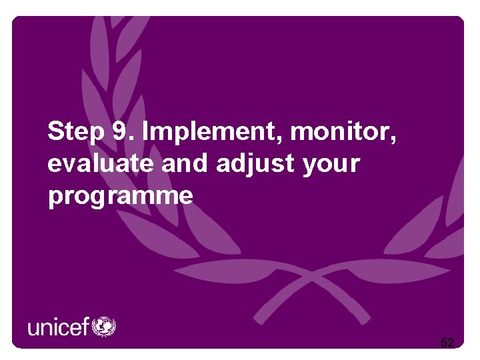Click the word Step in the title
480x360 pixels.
click(76, 132)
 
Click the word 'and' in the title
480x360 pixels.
click(188, 163)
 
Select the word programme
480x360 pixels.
click(121, 197)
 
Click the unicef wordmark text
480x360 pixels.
click(59, 327)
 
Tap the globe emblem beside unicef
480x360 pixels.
click(104, 327)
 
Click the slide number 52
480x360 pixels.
click(447, 343)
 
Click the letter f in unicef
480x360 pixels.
click(85, 327)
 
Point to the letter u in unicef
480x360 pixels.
click(33, 329)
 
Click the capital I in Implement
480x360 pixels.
click(147, 132)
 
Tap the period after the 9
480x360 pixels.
click(131, 139)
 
